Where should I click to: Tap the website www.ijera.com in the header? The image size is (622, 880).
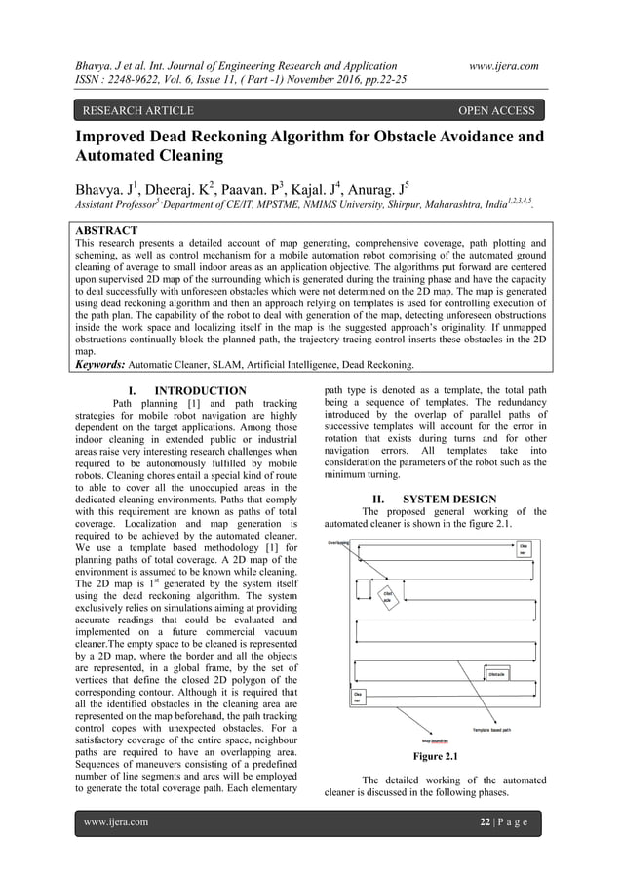(x=503, y=65)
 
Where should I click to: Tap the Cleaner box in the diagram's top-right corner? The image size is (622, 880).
(x=523, y=550)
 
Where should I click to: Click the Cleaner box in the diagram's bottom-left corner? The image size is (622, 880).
(x=358, y=697)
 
